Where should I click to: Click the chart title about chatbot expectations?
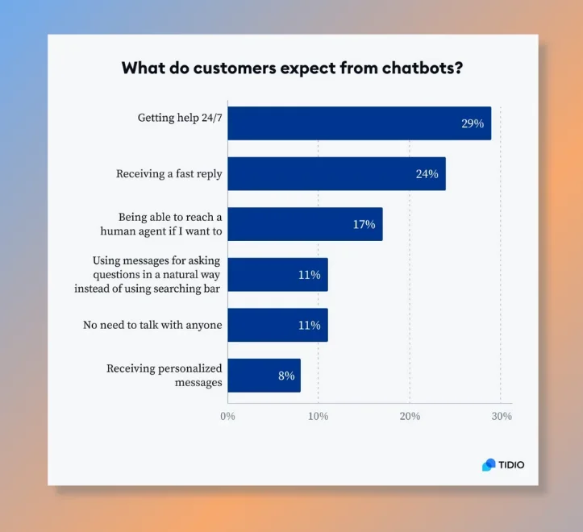point(292,68)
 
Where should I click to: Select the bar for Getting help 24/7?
point(359,123)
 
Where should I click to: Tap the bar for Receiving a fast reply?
point(336,173)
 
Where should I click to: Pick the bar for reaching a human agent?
point(305,224)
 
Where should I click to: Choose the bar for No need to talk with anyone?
point(277,325)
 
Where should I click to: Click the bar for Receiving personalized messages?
point(264,376)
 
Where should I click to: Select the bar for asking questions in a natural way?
point(277,275)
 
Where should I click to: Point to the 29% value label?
point(473,124)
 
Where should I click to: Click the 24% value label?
point(427,174)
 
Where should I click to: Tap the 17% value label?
point(364,224)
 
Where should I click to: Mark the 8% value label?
point(285,376)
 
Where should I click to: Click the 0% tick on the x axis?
point(227,417)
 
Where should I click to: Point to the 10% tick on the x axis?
point(318,417)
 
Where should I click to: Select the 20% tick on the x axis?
point(410,417)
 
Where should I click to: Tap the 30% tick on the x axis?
point(502,417)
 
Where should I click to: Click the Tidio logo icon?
point(489,464)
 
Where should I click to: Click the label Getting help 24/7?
point(179,118)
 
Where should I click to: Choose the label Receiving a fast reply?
point(169,173)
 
